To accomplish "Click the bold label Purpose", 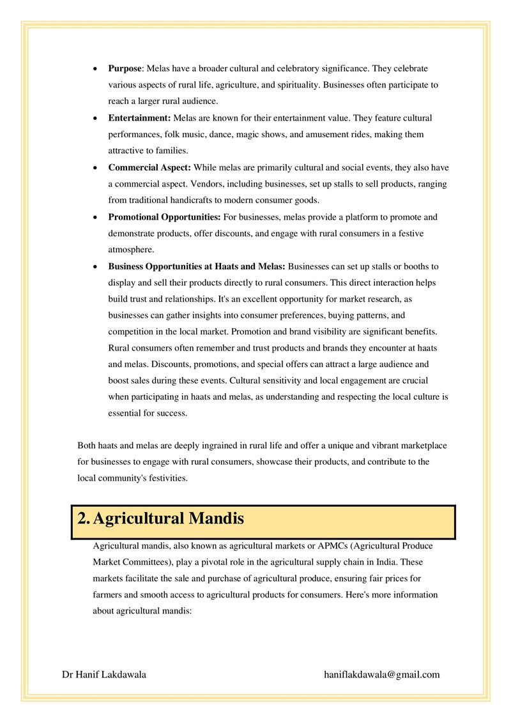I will (125, 68).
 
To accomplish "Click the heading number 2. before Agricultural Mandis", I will (83, 519).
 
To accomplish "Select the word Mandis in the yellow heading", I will (217, 519).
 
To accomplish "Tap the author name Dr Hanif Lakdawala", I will (104, 674).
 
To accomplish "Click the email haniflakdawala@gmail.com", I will (382, 674).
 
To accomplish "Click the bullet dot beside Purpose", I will (95, 68).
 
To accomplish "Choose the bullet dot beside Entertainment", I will (95, 118).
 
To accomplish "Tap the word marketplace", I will (424, 445).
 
